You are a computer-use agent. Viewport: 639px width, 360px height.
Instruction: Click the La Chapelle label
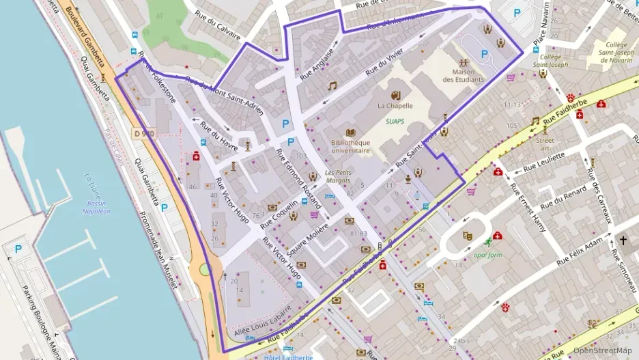click(x=395, y=106)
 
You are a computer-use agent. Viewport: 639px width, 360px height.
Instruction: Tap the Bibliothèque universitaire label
click(x=350, y=146)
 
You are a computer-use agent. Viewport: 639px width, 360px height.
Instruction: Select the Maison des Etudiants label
click(x=463, y=75)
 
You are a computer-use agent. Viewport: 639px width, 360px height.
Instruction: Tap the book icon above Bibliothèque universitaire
click(x=350, y=133)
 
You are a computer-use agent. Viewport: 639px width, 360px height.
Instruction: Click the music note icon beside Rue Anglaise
click(x=332, y=86)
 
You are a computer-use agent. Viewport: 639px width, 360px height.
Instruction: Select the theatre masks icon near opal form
click(x=468, y=236)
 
